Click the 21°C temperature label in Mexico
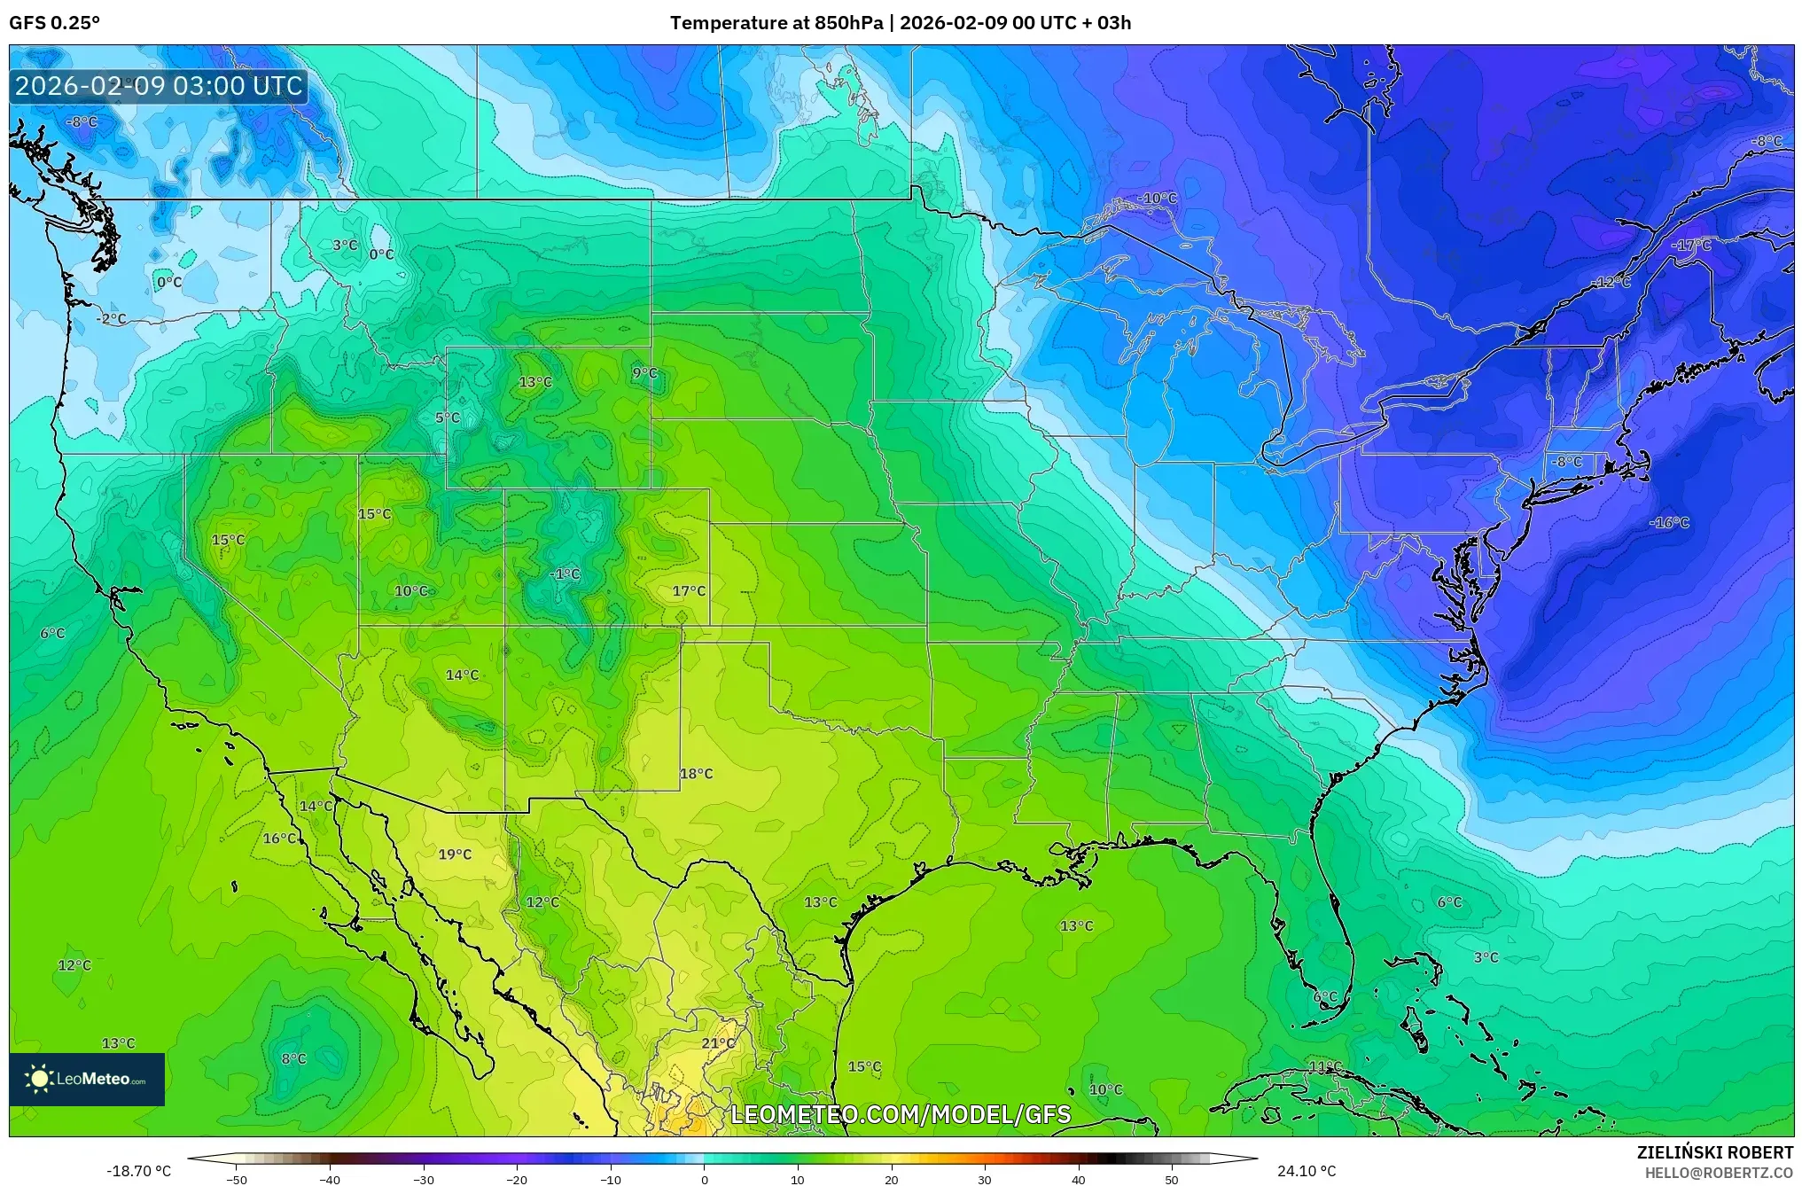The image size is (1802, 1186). click(x=718, y=1043)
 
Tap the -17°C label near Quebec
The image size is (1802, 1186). click(x=1691, y=246)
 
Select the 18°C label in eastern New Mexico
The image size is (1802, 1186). click(x=696, y=774)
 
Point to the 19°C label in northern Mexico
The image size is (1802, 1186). click(x=455, y=854)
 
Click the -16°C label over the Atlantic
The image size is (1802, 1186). click(x=1669, y=523)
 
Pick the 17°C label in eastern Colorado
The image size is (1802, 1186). click(x=689, y=591)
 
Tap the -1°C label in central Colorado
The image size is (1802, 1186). click(x=565, y=574)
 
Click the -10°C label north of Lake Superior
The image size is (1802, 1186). click(x=1158, y=199)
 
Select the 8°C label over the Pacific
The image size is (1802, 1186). click(x=293, y=1059)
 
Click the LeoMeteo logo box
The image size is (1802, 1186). click(x=87, y=1079)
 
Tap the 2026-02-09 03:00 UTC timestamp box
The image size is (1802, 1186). click(x=159, y=86)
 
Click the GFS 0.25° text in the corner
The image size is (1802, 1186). click(x=55, y=23)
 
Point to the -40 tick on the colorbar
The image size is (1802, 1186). click(x=330, y=1179)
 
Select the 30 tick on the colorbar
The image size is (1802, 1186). click(x=985, y=1179)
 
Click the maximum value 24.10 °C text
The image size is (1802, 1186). click(x=1306, y=1171)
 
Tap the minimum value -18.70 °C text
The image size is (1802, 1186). click(x=139, y=1171)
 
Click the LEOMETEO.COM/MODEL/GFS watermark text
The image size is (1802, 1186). click(x=901, y=1114)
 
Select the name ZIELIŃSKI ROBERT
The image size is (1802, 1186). click(x=1714, y=1152)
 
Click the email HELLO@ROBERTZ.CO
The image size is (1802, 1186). click(x=1719, y=1173)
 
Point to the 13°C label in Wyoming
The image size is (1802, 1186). click(x=534, y=382)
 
